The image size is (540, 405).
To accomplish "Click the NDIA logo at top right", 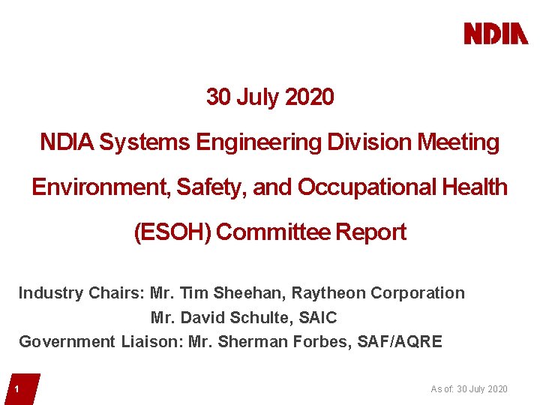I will (x=496, y=34).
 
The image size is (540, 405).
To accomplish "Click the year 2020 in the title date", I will (x=310, y=97).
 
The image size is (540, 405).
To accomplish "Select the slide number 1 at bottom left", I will (x=16, y=389).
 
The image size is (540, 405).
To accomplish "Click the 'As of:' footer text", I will (x=442, y=388).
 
